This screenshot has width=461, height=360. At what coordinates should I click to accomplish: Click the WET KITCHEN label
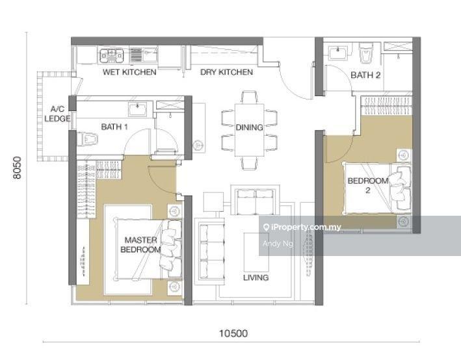coord(129,72)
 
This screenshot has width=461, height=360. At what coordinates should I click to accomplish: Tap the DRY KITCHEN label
coord(226,72)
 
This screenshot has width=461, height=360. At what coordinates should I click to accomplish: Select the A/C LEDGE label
coord(57,114)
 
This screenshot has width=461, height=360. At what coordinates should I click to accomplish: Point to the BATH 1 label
coord(114,127)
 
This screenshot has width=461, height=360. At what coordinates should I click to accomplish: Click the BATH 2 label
coord(365,75)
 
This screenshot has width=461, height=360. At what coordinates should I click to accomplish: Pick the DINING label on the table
coord(249,127)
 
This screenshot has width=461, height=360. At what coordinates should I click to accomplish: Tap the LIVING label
coord(256,277)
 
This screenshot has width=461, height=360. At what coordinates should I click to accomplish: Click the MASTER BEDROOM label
coord(141,245)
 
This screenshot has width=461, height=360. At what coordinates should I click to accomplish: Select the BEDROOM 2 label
coord(368,185)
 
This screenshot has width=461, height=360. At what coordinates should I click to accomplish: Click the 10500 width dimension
coord(233,333)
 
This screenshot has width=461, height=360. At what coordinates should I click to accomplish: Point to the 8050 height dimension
coord(18,168)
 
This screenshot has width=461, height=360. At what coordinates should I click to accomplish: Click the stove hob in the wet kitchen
coord(111,55)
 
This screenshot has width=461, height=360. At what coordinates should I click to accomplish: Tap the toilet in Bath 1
coord(87,138)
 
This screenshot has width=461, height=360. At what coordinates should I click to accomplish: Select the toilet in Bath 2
coord(366,53)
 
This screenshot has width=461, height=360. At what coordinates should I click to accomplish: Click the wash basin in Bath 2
coord(338,53)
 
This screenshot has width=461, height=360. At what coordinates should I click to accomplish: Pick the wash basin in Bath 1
coord(138,109)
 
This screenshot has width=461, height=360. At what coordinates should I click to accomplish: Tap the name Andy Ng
coord(278,244)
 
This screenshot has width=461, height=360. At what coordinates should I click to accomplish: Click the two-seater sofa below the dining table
coord(255,201)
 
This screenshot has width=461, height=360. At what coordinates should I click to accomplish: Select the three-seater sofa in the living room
coord(210,251)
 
